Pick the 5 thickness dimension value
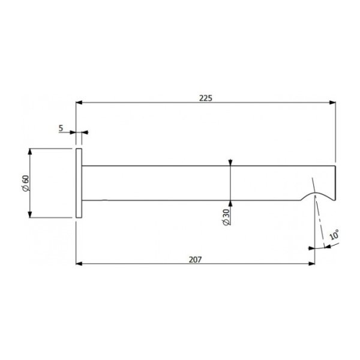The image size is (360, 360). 62,127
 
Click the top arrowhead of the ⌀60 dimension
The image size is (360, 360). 31,150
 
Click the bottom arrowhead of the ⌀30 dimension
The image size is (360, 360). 230,198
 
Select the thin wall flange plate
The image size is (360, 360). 78,183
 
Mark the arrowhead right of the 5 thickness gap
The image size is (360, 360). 85,133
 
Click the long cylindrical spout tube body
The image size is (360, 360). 180,182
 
